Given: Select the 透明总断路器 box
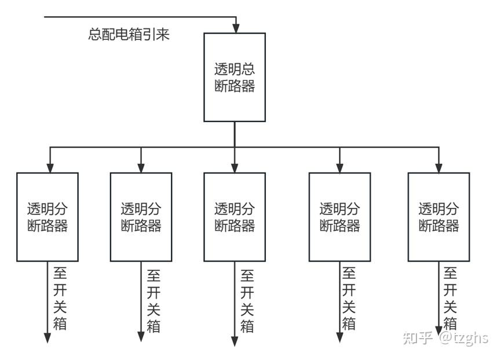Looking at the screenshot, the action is coord(235,77).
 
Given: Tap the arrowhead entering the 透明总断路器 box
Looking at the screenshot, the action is coord(236,28).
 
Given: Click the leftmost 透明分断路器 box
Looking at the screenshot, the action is coord(47,217).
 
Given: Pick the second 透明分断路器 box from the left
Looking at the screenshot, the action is coord(141,217).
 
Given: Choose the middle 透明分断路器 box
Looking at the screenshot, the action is coord(235,217).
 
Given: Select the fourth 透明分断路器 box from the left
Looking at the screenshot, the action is coord(339,217).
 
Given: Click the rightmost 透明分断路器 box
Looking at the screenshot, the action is coord(438,217).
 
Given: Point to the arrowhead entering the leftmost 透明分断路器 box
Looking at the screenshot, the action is coord(50,168).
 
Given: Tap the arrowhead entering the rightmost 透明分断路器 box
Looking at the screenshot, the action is coord(438,168).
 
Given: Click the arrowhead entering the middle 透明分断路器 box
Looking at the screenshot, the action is coord(235,168).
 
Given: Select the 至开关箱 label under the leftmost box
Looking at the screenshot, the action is coord(60,299).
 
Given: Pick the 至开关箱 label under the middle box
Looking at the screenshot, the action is coord(247,302).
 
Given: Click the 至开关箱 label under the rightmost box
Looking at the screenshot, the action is coord(450,299).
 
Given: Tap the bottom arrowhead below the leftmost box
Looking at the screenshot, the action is coord(47,338).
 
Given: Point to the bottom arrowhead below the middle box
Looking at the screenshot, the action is coord(235,341).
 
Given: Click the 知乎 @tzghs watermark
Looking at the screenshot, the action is coord(445,338).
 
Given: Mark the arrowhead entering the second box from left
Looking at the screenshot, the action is coord(141,168).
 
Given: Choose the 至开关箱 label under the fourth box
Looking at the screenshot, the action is coord(349,299).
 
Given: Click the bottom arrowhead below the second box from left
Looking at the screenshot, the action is coord(141,337).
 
